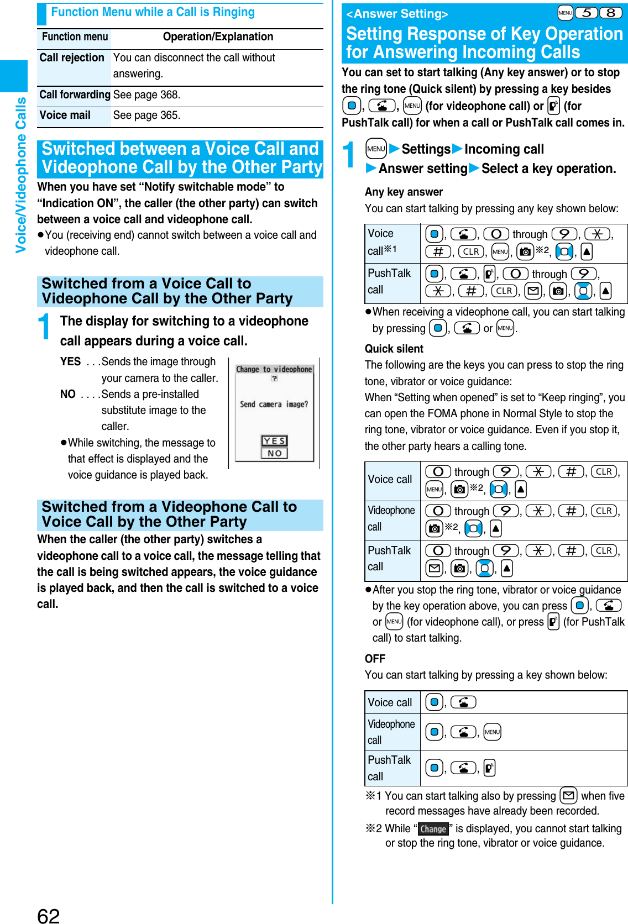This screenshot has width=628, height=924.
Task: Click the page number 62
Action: point(48,915)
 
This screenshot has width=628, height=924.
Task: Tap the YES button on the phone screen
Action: point(274,441)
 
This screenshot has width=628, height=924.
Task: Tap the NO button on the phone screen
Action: point(274,453)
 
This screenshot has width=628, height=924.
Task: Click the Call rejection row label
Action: point(72,58)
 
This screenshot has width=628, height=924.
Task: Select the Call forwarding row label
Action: point(75,95)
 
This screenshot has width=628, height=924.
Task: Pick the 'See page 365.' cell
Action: point(147,116)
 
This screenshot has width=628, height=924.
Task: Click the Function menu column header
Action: point(75,37)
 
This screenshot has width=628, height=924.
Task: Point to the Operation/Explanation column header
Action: point(218,37)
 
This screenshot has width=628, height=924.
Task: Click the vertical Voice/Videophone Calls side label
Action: point(21,175)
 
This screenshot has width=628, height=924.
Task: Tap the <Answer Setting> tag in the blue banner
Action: point(397,14)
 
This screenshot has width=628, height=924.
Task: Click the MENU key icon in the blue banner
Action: point(565,13)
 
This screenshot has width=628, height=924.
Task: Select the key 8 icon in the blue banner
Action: point(610,13)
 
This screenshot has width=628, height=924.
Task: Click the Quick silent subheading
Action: point(394,349)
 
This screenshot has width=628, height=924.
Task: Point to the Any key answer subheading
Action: point(404,192)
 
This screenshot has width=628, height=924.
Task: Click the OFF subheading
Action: point(375,659)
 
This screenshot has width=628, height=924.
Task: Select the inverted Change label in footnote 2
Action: point(433,829)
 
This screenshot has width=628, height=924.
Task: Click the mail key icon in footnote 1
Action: point(568,796)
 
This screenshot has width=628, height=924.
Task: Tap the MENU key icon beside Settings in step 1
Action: point(376,149)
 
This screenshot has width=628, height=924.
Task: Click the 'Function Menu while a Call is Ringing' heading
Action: point(153,12)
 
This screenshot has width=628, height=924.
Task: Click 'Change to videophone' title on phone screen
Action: point(274,369)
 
